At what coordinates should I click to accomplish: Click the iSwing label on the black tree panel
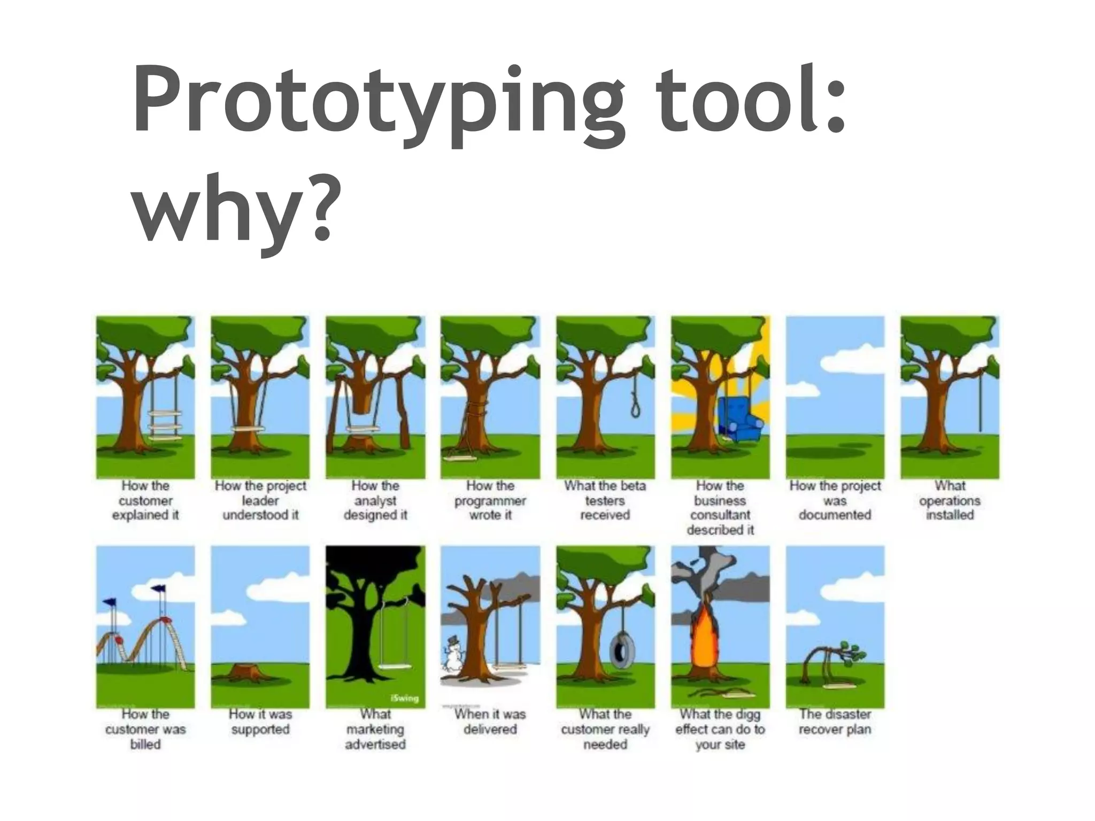click(405, 698)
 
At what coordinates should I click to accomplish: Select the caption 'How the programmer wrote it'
click(490, 500)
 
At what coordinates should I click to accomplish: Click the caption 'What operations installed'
click(950, 500)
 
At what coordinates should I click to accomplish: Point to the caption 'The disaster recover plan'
click(835, 722)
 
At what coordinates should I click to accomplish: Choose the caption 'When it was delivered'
click(490, 722)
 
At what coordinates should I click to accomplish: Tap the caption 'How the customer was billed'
click(145, 729)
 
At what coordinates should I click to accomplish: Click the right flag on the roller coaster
click(158, 590)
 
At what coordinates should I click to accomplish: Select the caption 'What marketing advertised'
click(375, 729)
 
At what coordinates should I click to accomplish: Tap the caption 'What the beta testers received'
click(605, 500)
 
